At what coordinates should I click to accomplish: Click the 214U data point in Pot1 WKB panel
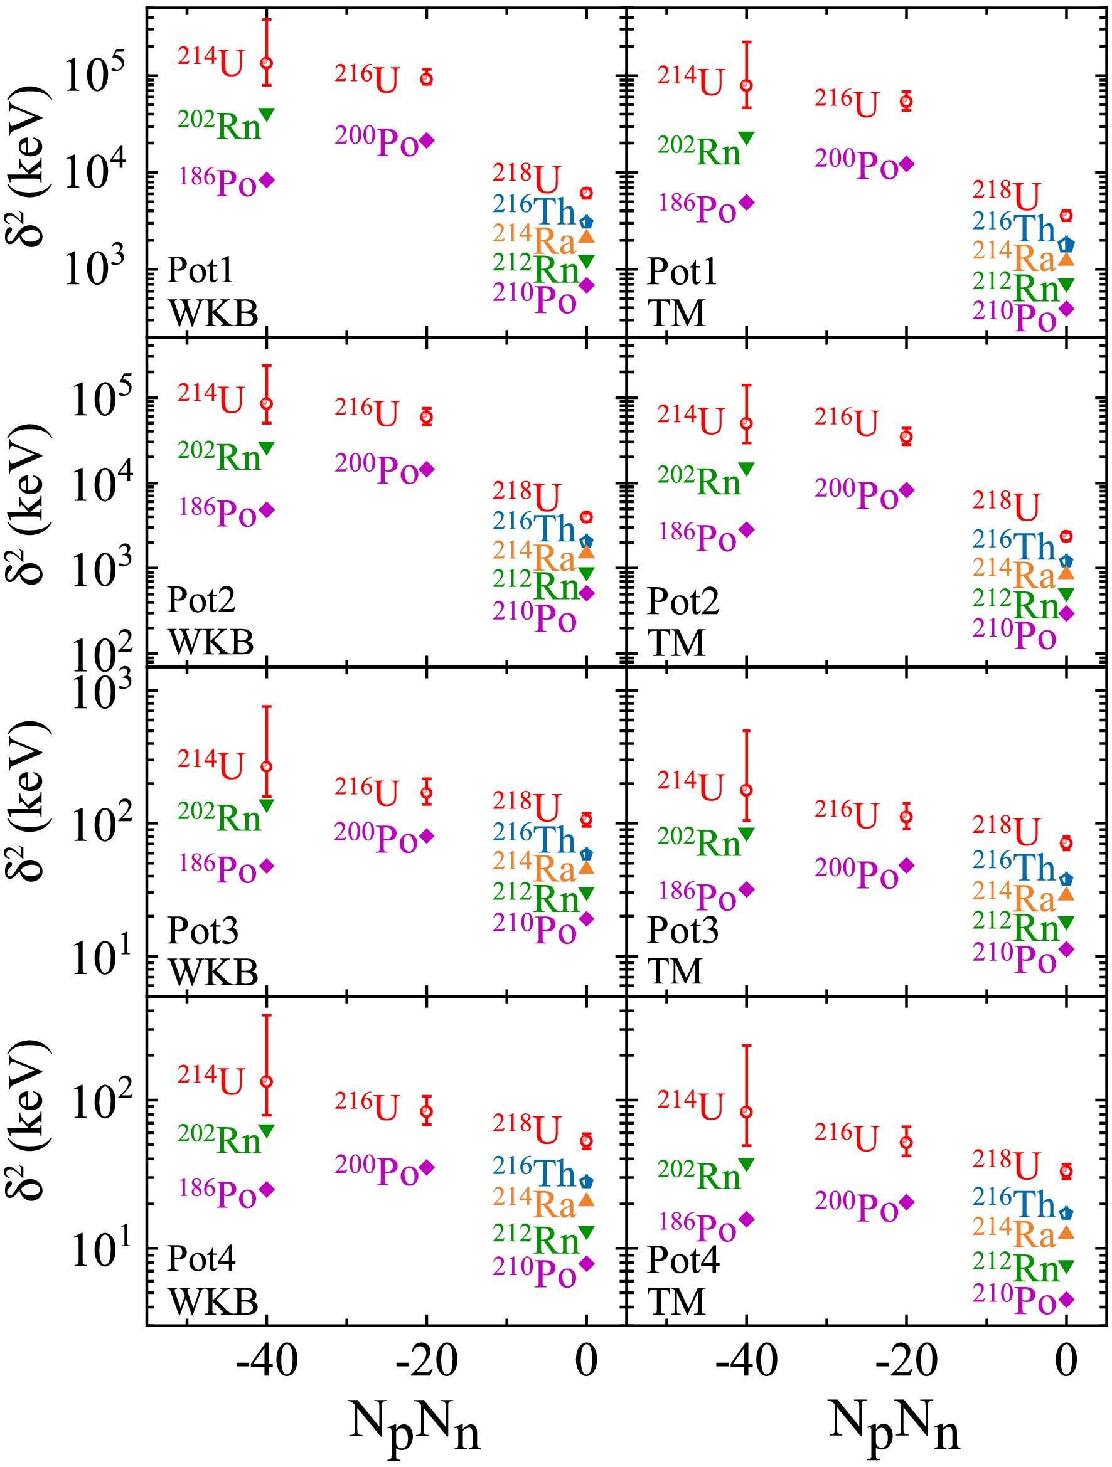click(x=266, y=63)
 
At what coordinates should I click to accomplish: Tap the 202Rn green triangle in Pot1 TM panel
click(x=746, y=138)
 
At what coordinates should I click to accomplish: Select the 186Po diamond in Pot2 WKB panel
click(x=267, y=510)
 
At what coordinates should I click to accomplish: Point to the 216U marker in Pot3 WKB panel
click(x=426, y=792)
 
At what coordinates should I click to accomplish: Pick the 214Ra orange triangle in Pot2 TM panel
click(x=1066, y=573)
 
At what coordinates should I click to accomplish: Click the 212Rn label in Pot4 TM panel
click(x=1015, y=1268)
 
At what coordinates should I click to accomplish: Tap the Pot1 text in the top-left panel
click(x=200, y=270)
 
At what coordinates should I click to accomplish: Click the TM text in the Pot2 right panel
click(x=676, y=643)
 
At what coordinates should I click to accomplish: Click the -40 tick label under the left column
click(x=266, y=1362)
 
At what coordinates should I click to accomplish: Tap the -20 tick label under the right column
click(x=906, y=1362)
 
